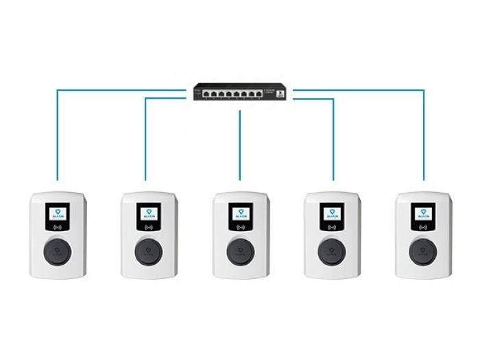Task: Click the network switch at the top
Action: coord(240,91)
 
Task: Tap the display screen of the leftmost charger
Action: coord(58,214)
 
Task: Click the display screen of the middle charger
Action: coord(240,214)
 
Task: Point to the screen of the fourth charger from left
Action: coord(332,214)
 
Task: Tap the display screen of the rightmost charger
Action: coord(423,214)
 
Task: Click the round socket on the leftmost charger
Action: coord(58,251)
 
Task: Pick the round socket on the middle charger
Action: coord(240,251)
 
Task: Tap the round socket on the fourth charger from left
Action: coord(332,251)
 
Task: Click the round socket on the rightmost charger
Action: coord(423,251)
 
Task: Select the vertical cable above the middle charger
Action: coord(240,144)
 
